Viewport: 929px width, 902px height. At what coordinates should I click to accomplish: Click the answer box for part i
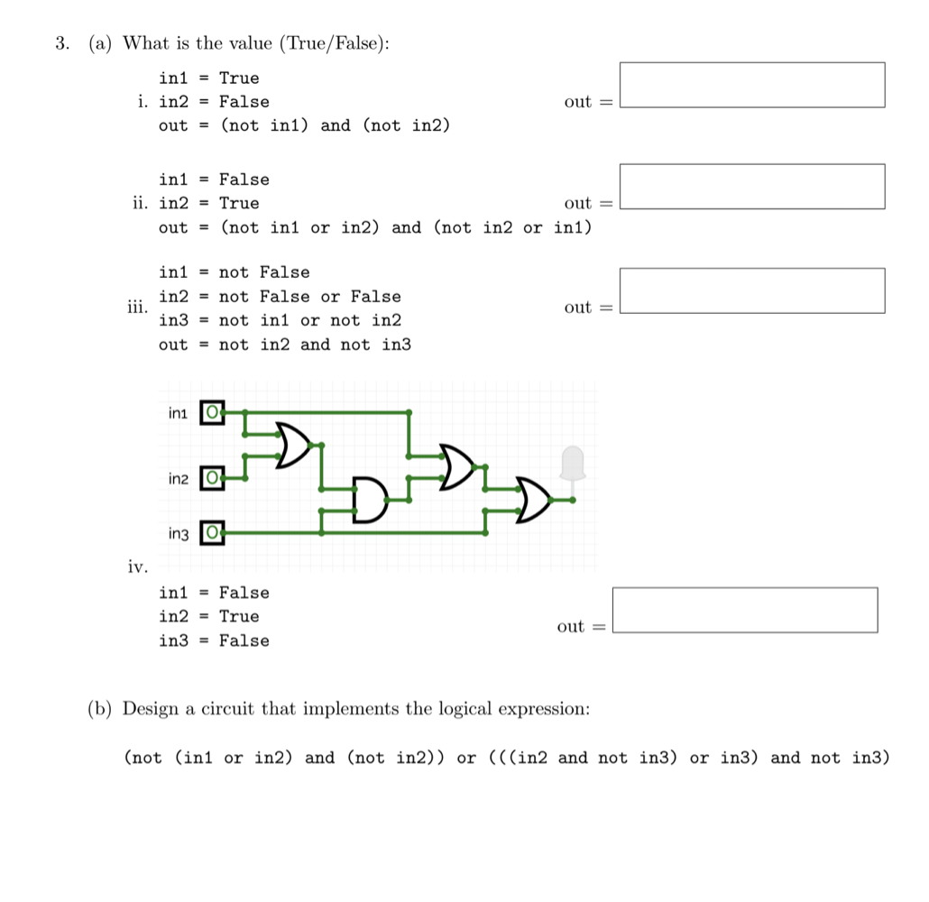[x=752, y=85]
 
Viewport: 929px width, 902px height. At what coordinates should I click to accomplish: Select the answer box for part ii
[x=752, y=187]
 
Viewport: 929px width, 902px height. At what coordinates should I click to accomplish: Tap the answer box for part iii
[x=752, y=290]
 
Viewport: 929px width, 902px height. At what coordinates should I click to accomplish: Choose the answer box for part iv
[x=745, y=610]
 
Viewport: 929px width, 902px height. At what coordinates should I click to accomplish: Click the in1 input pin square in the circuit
[x=211, y=413]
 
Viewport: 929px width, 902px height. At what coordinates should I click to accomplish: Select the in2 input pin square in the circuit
[x=211, y=477]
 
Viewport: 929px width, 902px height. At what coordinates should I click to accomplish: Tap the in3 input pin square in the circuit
[x=211, y=533]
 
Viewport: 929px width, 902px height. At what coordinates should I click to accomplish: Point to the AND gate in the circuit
[x=368, y=500]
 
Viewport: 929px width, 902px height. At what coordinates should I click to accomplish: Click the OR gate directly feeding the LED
[x=533, y=500]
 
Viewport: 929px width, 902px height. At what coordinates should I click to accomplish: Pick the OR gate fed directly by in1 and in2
[x=292, y=444]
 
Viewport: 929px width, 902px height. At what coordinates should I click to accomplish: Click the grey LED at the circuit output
[x=573, y=464]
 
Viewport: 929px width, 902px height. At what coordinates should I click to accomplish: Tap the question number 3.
[x=61, y=43]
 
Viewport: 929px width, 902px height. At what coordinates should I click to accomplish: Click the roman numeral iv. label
[x=137, y=567]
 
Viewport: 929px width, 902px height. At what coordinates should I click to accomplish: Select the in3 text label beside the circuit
[x=179, y=535]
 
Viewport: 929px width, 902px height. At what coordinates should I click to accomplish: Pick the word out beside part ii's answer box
[x=577, y=204]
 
